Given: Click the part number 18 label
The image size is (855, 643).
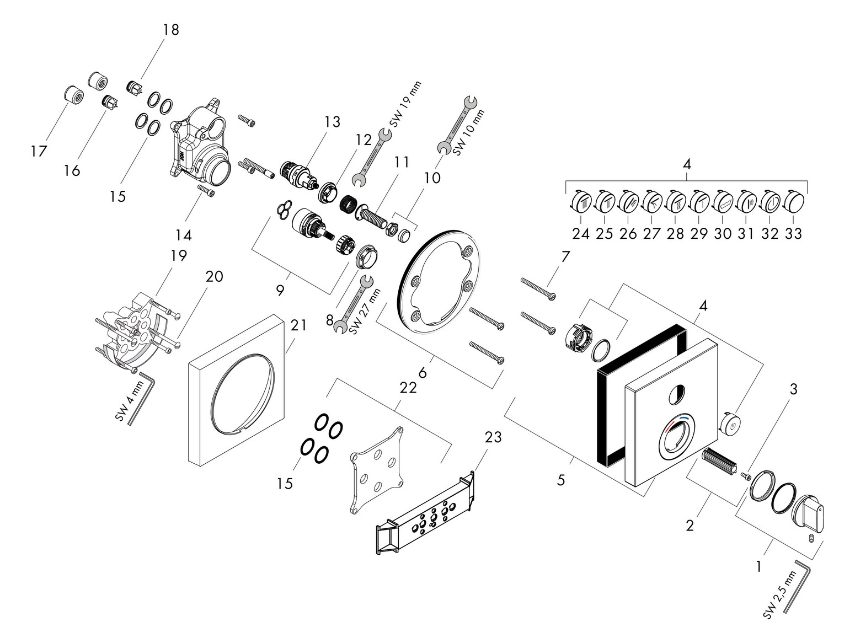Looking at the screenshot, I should click(x=171, y=30).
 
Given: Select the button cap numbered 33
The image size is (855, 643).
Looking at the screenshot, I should click(x=793, y=201).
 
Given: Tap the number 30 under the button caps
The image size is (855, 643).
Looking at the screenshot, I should click(x=723, y=233).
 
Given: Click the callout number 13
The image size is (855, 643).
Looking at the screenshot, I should click(x=333, y=122).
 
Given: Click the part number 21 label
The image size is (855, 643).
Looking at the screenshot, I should click(x=298, y=326).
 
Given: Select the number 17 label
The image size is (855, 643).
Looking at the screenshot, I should click(x=39, y=151).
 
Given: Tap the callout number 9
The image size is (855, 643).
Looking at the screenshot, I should click(x=280, y=291).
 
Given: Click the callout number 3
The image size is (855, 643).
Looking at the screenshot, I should click(x=793, y=390).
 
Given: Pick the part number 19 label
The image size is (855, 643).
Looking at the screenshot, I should click(x=179, y=255).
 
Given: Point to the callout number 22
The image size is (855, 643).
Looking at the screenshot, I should click(x=408, y=388).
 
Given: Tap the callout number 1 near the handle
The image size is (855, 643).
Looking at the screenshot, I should click(x=759, y=566).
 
